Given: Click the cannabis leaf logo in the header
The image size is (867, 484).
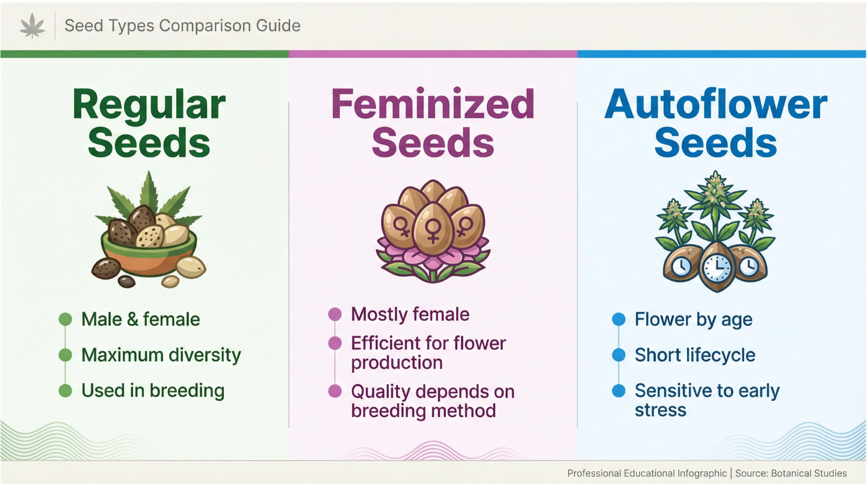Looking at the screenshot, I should pos(32,26).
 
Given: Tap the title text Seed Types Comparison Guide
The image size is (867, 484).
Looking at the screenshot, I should pos(182,26).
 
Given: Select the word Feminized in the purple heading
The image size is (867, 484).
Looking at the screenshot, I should pos(433,104).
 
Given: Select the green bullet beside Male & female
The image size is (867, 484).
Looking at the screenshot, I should pos(65,319).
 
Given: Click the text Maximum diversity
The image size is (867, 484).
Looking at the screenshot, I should pos(161,355).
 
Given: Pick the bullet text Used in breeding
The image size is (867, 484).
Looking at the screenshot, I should pos(153,391).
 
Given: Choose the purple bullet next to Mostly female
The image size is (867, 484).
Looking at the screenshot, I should pos(335,314).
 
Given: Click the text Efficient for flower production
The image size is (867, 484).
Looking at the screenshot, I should pos(428,353).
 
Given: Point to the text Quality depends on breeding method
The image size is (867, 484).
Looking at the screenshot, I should pos(433,401).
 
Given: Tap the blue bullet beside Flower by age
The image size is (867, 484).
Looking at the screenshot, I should pos(619,319).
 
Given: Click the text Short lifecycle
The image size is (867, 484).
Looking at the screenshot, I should pos(695,355).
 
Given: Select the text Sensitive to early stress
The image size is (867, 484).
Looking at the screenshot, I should pos(707,400).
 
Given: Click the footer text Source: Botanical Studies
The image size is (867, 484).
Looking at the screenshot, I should pos(792,473).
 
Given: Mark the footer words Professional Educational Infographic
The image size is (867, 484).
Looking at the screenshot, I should pos(647,473).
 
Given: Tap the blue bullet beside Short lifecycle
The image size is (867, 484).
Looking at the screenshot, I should pos(619,355).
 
